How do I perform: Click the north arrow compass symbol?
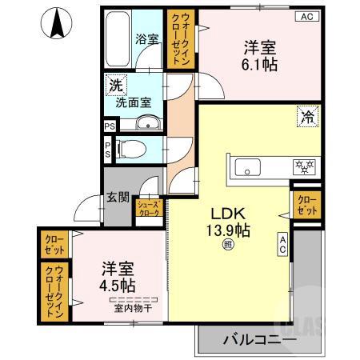[58, 24]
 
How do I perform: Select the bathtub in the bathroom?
[117, 40]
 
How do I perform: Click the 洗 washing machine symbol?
[116, 84]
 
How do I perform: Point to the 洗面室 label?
[133, 102]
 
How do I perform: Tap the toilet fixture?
[134, 148]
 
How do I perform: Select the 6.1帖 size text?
[259, 65]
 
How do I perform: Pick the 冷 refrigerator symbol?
[306, 117]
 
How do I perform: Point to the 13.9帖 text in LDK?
[231, 230]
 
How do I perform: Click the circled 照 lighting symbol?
[229, 247]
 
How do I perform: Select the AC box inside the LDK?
[283, 245]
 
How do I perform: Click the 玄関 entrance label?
[118, 197]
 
